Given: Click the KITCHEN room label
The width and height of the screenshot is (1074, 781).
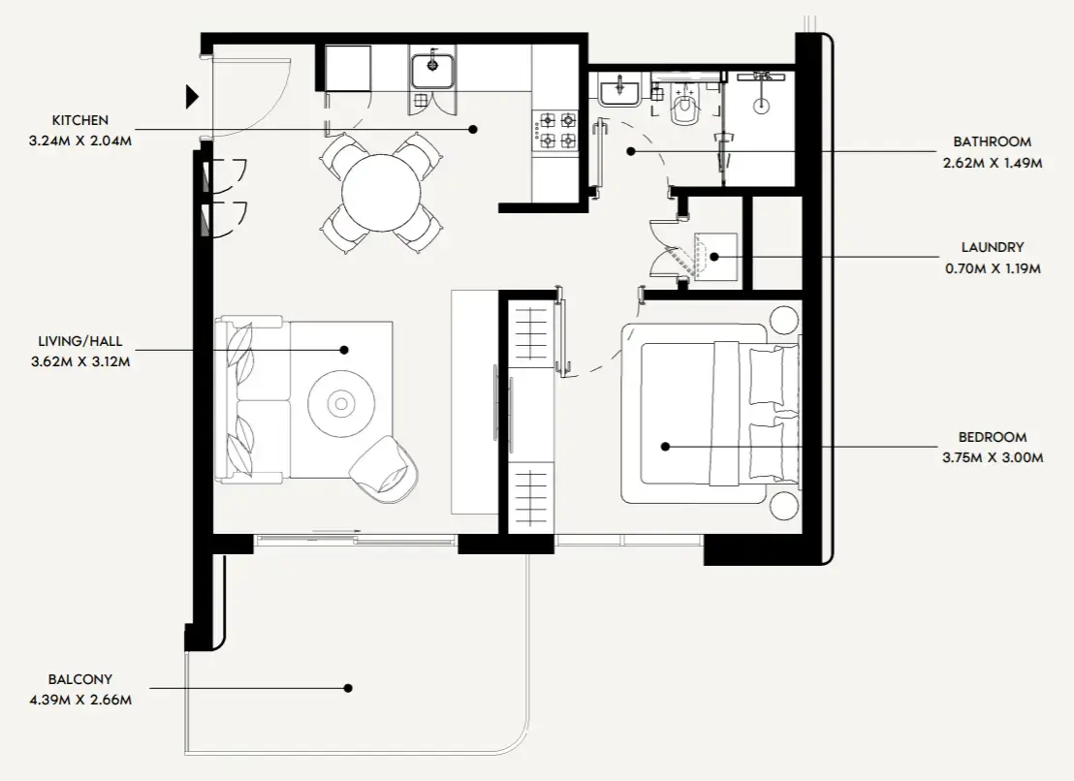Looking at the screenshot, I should pyautogui.click(x=80, y=120).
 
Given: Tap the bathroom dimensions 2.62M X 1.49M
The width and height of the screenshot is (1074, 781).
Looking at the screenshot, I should pyautogui.click(x=993, y=163).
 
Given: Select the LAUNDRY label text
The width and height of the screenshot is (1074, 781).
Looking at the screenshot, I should pyautogui.click(x=993, y=247).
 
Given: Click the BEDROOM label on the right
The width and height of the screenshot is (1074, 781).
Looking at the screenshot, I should pyautogui.click(x=993, y=437).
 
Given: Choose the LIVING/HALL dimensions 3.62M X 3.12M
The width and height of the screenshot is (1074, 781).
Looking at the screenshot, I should pyautogui.click(x=80, y=361).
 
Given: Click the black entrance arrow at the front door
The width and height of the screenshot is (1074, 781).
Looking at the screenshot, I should pyautogui.click(x=192, y=96).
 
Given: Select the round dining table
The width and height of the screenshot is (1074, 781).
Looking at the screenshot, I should pyautogui.click(x=383, y=191).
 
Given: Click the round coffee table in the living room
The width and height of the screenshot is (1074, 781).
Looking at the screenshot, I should pyautogui.click(x=340, y=401).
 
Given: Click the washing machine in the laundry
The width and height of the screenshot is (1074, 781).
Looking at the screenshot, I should pyautogui.click(x=715, y=256).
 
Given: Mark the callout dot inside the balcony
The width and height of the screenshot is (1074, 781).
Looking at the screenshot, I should pyautogui.click(x=348, y=688).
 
